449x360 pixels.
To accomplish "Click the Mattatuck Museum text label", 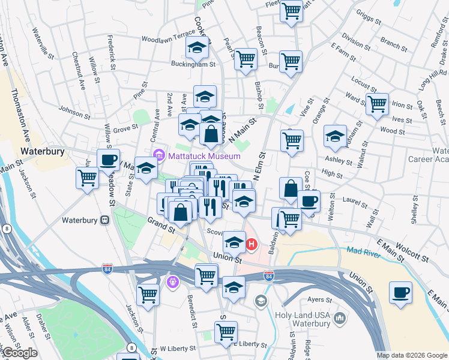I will click(196, 156).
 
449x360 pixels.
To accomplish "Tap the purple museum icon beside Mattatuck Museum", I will click(158, 155).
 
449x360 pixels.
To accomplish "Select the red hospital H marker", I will click(252, 244).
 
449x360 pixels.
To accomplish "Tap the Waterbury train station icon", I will click(104, 220).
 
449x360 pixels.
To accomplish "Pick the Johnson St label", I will click(74, 110).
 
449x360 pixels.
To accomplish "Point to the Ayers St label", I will click(320, 299).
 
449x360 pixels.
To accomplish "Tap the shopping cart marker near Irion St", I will click(377, 104).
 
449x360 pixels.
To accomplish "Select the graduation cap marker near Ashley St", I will click(335, 136).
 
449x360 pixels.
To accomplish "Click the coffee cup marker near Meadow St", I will click(108, 160).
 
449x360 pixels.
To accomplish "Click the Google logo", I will click(20, 353).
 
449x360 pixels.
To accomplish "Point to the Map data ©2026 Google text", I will click(411, 355).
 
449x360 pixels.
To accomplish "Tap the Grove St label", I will click(125, 128).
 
